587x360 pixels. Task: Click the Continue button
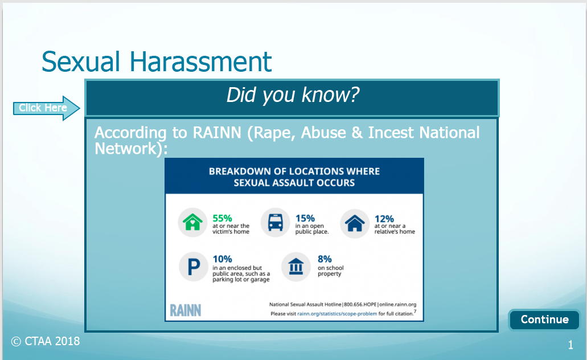pyautogui.click(x=544, y=320)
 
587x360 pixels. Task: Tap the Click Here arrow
pyautogui.click(x=47, y=108)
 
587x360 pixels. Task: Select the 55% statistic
pyautogui.click(x=223, y=218)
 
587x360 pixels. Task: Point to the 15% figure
pyautogui.click(x=305, y=218)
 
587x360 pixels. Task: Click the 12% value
pyautogui.click(x=384, y=219)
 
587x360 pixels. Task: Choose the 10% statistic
pyautogui.click(x=223, y=259)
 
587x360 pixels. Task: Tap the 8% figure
pyautogui.click(x=325, y=259)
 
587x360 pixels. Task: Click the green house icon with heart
pyautogui.click(x=192, y=223)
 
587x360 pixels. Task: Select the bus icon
pyautogui.click(x=275, y=223)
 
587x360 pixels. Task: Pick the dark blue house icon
pyautogui.click(x=355, y=223)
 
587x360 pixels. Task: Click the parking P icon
pyautogui.click(x=194, y=267)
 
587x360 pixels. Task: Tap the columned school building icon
pyautogui.click(x=295, y=267)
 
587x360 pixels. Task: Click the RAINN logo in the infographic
pyautogui.click(x=185, y=310)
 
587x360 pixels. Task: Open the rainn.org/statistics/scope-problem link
pyautogui.click(x=337, y=314)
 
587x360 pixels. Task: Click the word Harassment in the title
pyautogui.click(x=200, y=62)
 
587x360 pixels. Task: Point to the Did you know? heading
pyautogui.click(x=293, y=95)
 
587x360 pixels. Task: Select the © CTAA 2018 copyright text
pyautogui.click(x=46, y=341)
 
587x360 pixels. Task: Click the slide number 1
pyautogui.click(x=570, y=345)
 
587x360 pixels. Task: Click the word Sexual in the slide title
pyautogui.click(x=80, y=62)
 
